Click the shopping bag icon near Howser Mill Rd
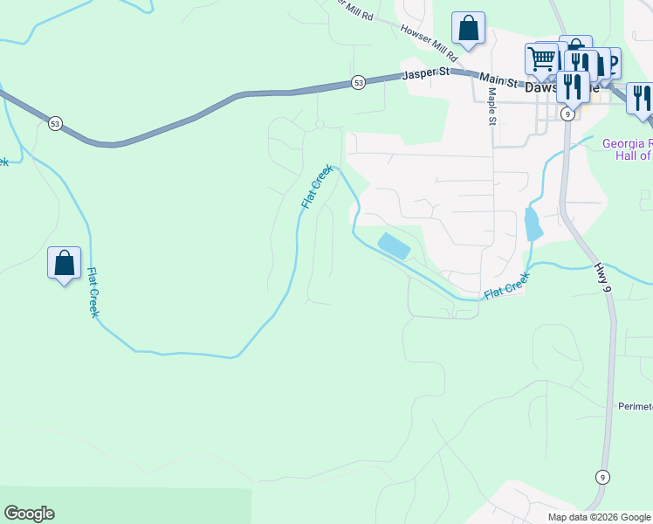[469, 28]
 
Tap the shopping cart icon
[541, 59]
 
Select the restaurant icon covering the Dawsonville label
[572, 86]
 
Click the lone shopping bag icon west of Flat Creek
[64, 263]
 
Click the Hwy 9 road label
[603, 279]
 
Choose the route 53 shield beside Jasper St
[359, 82]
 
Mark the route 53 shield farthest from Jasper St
[55, 123]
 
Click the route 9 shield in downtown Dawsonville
[567, 114]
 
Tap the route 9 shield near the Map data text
[601, 477]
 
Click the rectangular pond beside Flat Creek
[394, 245]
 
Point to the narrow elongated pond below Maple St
[533, 224]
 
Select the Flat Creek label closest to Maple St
[507, 286]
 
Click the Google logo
[29, 514]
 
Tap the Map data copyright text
[598, 517]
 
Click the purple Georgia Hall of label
[628, 149]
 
